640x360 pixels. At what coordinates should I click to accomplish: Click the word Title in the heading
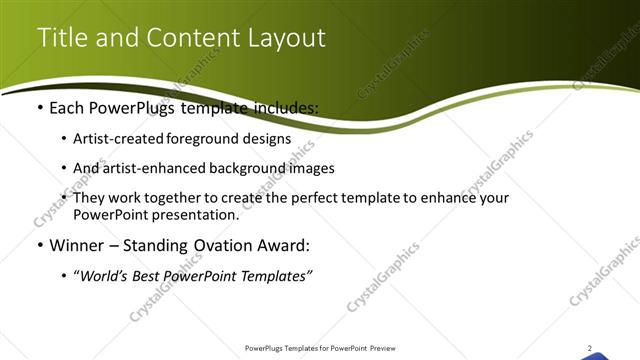[59, 38]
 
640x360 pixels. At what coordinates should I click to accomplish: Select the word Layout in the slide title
[289, 38]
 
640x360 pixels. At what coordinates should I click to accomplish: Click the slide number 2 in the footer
[590, 348]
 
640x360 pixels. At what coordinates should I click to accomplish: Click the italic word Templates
[274, 276]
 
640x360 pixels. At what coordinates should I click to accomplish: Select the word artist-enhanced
[152, 168]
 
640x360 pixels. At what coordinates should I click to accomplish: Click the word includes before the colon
[284, 106]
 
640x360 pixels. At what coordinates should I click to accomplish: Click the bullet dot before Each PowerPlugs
[39, 106]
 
